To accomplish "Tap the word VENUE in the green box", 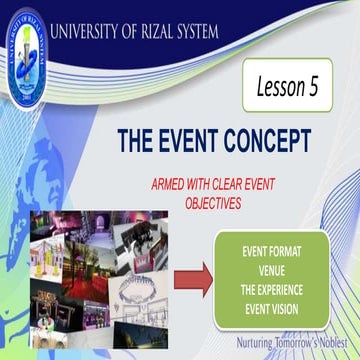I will pyautogui.click(x=286, y=265).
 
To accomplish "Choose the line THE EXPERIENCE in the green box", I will pyautogui.click(x=286, y=281).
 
